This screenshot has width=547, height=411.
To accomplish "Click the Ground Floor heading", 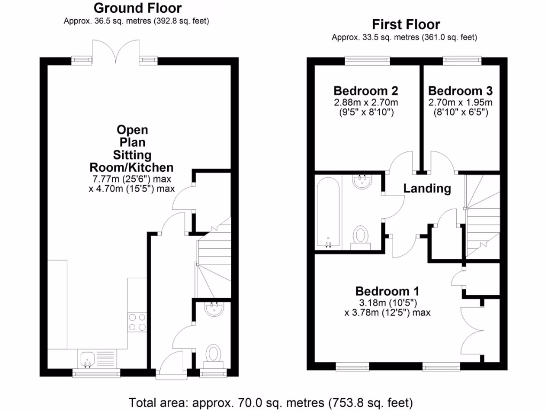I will (x=137, y=8).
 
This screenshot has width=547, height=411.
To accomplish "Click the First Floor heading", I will (x=406, y=25).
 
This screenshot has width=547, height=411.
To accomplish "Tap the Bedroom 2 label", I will (x=365, y=90).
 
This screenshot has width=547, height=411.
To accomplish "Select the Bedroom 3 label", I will (x=460, y=90).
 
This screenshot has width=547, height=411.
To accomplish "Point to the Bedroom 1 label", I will (x=387, y=291).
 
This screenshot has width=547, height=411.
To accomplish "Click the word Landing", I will (x=427, y=188).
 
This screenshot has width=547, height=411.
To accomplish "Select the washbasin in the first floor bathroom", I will (x=363, y=182).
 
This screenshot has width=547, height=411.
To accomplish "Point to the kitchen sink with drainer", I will (x=96, y=357).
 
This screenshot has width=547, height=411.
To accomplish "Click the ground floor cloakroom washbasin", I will (x=214, y=309).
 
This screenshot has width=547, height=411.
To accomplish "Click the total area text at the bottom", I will (x=271, y=402).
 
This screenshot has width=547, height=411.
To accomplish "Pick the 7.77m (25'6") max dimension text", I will (x=131, y=179).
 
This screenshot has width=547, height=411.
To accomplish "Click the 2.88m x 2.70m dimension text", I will (x=365, y=103).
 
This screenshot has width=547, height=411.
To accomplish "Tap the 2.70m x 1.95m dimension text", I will (x=460, y=103).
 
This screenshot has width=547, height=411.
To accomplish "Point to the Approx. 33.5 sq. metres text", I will (x=404, y=37).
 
